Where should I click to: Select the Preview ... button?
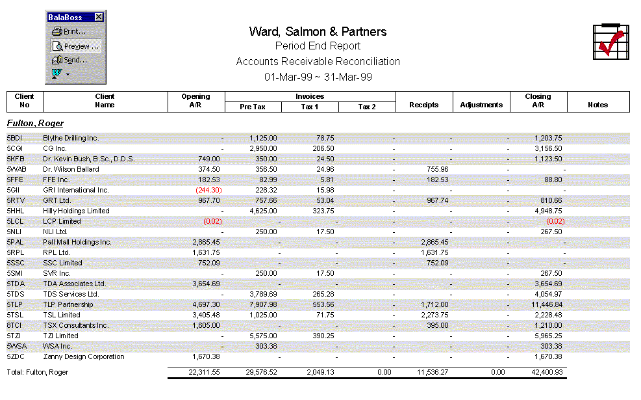click(75, 46)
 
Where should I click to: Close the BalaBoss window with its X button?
click(99, 17)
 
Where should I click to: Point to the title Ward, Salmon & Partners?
click(318, 32)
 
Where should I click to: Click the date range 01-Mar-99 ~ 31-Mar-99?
click(318, 77)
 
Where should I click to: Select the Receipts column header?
click(423, 105)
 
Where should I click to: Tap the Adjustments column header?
click(481, 105)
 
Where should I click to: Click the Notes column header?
click(597, 105)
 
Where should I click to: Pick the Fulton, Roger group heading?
click(35, 123)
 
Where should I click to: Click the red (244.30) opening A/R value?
click(208, 190)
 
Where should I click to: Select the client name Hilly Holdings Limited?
click(76, 211)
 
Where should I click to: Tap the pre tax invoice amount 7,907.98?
click(262, 304)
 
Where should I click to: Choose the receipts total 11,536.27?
click(430, 372)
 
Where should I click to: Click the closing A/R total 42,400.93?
click(546, 372)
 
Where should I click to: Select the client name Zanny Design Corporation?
click(84, 356)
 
